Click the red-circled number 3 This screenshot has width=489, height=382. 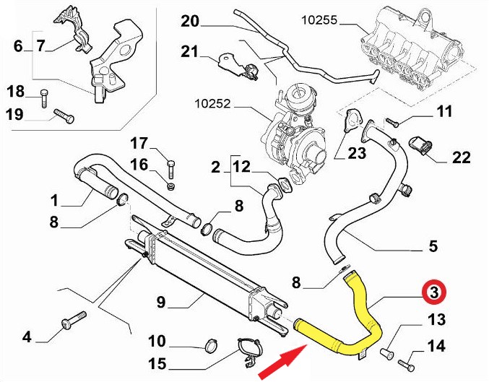click(434, 292)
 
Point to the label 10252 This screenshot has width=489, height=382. click(214, 103)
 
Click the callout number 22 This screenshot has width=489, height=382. click(461, 157)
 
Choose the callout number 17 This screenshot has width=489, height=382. click(138, 142)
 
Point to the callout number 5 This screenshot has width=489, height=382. click(433, 246)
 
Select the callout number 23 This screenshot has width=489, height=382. click(358, 152)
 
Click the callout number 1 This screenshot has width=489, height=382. click(54, 199)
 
